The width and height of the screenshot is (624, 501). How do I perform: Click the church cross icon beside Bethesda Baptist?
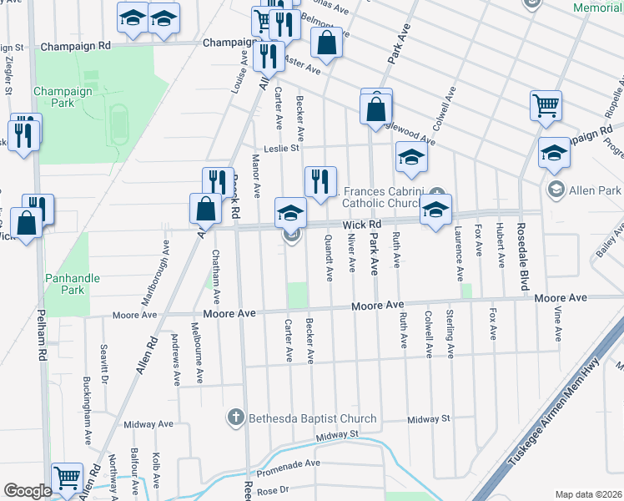click(236, 417)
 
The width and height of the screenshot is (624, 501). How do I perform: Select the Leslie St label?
click(281, 149)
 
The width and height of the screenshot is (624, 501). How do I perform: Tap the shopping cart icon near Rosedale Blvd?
click(546, 105)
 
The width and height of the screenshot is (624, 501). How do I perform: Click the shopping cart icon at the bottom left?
click(67, 478)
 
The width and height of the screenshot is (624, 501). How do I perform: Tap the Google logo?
click(28, 491)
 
